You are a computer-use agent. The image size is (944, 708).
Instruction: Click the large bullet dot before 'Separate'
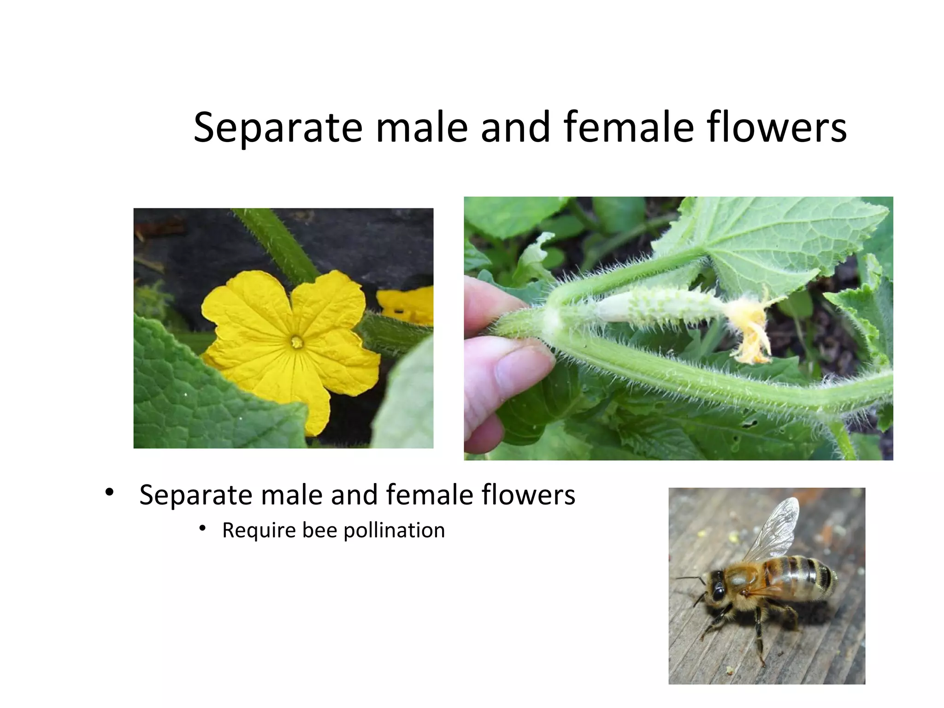[x=109, y=492]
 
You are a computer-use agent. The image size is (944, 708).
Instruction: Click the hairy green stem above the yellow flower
[x=277, y=244]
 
